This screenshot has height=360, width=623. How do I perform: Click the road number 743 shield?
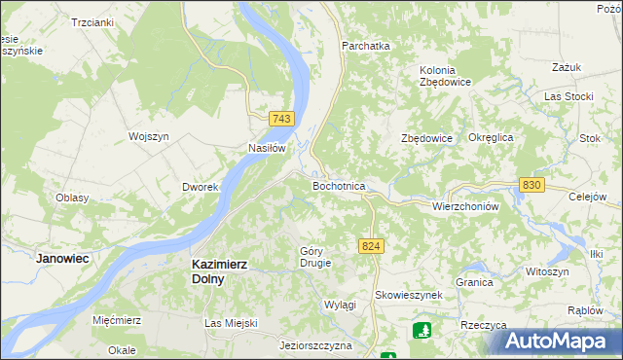(x=281, y=119)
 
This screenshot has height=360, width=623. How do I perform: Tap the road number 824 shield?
(x=369, y=247)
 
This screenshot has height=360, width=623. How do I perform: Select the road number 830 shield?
(x=531, y=185)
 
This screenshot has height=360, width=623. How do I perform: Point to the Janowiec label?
(x=62, y=259)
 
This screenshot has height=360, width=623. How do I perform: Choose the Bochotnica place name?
(x=338, y=185)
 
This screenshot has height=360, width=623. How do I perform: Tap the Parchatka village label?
(x=365, y=46)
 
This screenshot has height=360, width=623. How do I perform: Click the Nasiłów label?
(x=266, y=149)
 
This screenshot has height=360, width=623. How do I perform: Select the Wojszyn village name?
(x=149, y=136)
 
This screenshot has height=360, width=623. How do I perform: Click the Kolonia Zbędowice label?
(x=445, y=76)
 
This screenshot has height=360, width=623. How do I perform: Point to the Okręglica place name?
(x=491, y=138)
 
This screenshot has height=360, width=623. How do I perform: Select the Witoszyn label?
(x=545, y=271)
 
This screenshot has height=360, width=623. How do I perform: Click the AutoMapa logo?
(x=558, y=341)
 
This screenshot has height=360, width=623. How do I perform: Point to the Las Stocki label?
(x=568, y=96)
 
